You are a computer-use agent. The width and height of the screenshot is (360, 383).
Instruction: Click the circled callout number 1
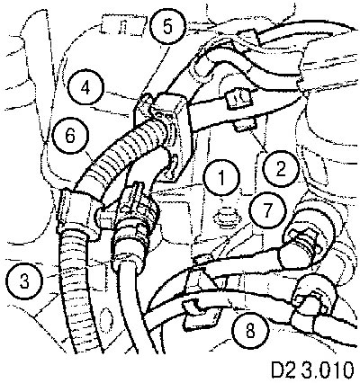coord(221,177)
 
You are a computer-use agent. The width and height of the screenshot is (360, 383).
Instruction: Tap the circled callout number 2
coord(280,170)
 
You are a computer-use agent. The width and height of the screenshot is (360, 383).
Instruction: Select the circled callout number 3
coord(24,281)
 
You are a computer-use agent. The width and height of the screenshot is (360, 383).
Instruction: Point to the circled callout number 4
coord(85,88)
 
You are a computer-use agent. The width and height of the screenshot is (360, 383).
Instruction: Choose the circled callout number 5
coord(167,26)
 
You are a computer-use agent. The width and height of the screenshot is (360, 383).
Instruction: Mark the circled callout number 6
coord(70,136)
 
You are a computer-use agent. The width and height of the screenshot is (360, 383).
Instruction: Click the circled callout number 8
coord(250,331)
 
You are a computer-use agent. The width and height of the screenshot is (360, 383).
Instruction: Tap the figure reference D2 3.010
coord(312,370)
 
